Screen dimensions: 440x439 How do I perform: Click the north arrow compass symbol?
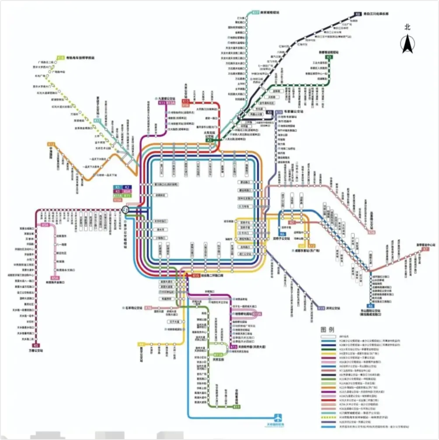(x=408, y=43)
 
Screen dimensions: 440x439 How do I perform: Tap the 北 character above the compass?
(x=408, y=27)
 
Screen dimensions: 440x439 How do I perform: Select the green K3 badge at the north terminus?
(x=329, y=57)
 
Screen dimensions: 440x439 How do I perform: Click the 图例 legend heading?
(x=328, y=329)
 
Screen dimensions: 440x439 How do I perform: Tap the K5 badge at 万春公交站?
(x=36, y=346)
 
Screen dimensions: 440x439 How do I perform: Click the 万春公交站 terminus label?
(x=36, y=350)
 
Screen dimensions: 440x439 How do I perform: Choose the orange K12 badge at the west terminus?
(x=51, y=144)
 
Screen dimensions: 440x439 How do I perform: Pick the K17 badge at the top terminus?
(x=256, y=13)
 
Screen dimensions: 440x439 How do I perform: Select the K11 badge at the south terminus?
(x=237, y=407)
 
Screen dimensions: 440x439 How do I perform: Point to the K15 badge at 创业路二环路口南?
(x=196, y=276)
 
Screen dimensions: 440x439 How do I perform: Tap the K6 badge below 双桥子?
(x=281, y=233)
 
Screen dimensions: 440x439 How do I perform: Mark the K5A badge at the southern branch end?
(x=55, y=278)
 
